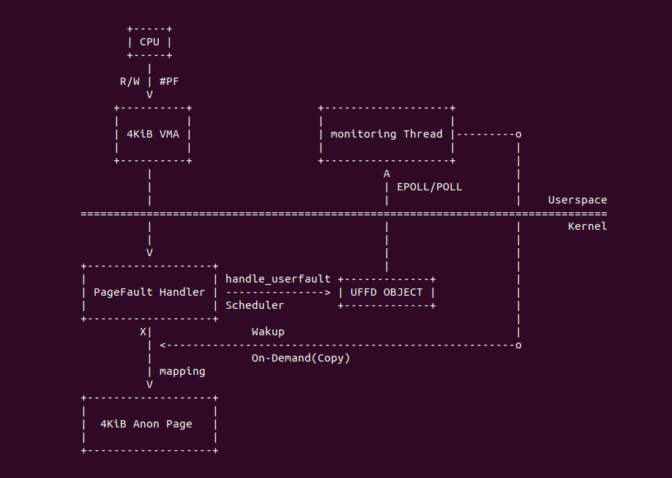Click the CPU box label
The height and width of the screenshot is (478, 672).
[149, 42]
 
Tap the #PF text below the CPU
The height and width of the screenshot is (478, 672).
[169, 81]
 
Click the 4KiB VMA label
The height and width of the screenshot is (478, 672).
[153, 134]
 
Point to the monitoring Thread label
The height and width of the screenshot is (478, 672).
[387, 134]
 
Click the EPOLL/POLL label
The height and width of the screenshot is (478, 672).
[430, 187]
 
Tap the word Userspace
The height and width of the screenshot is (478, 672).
[578, 200]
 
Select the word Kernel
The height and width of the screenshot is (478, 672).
[587, 226]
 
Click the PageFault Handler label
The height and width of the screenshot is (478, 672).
[149, 292]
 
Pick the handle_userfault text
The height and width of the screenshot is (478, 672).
[277, 279]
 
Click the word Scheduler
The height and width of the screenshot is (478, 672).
[255, 305]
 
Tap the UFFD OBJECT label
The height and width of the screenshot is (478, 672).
[387, 292]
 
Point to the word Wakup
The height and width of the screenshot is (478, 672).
[268, 332]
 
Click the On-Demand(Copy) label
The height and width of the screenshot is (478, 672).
[301, 358]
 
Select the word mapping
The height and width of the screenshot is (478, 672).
[182, 371]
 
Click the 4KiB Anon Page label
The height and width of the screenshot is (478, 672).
[146, 424]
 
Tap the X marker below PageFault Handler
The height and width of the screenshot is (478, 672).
[143, 332]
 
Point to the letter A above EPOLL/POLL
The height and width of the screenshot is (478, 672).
[387, 173]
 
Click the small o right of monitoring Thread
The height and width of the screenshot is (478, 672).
[518, 134]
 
